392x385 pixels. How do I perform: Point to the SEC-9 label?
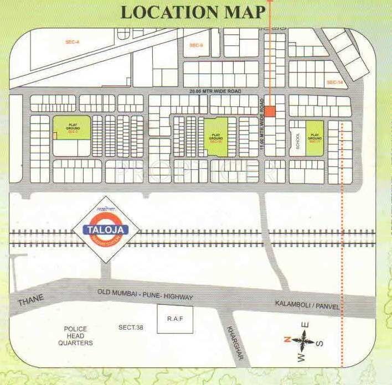[196, 45]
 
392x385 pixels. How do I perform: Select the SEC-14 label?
[335, 82]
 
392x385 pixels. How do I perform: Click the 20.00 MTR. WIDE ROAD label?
[215, 90]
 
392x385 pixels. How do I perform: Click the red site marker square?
[270, 111]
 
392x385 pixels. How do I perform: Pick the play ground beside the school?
[315, 137]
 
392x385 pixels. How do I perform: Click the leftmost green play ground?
[71, 128]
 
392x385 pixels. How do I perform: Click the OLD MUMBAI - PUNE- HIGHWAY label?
[145, 294]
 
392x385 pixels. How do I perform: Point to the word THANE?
[30, 301]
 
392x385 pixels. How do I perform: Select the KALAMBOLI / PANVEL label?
[308, 305]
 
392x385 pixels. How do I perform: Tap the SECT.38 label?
[131, 327]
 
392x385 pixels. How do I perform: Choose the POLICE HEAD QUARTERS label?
[76, 336]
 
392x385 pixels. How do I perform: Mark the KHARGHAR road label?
[235, 342]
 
